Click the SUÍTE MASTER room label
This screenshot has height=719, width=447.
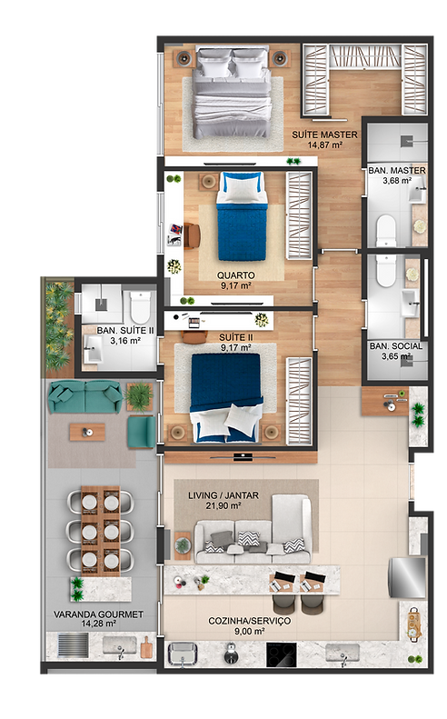click(x=324, y=135)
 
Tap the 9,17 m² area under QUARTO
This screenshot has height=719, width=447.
click(x=235, y=285)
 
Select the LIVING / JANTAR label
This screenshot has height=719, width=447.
click(x=223, y=495)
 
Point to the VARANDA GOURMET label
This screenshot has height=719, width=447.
click(x=98, y=614)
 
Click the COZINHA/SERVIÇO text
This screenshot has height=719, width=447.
click(x=250, y=621)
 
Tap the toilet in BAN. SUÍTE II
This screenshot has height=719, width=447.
click(x=140, y=306)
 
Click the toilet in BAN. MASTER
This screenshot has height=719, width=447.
click(x=385, y=231)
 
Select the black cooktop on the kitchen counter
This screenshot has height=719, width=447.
click(x=281, y=654)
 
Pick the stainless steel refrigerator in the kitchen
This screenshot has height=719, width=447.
click(x=407, y=577)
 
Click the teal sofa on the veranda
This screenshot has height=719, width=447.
click(x=85, y=396)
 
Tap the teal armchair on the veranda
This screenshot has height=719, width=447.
click(x=141, y=431)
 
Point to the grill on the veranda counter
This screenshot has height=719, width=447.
click(x=73, y=645)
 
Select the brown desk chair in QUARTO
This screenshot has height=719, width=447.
click(x=192, y=235)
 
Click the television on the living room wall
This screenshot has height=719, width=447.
click(x=243, y=456)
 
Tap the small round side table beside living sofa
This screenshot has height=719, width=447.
click(x=183, y=545)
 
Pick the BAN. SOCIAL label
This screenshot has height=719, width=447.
click(x=396, y=346)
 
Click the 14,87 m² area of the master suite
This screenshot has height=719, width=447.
click(x=324, y=145)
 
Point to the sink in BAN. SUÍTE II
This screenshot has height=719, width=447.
click(x=94, y=349)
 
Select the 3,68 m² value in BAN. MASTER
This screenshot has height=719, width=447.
click(x=397, y=181)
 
